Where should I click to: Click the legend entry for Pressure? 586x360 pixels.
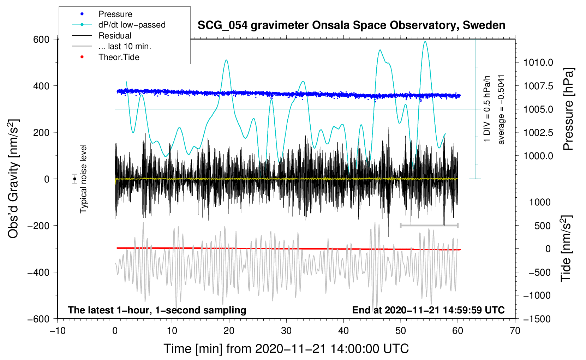click(102, 14)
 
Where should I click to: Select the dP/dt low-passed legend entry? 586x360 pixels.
click(119, 25)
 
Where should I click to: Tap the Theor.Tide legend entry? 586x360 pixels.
click(106, 57)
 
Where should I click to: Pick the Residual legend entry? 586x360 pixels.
click(102, 35)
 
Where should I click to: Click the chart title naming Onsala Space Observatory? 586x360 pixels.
click(351, 25)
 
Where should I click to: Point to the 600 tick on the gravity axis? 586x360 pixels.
click(41, 40)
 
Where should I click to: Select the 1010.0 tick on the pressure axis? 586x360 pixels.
click(538, 62)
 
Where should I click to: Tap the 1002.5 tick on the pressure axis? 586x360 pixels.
click(538, 132)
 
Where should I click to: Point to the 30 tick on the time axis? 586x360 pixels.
click(286, 331)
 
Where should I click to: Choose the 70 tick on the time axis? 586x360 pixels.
click(515, 331)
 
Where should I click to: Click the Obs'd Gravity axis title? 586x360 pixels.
click(13, 179)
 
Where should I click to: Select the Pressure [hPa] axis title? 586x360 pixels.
click(568, 109)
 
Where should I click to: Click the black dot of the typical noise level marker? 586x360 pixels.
click(74, 179)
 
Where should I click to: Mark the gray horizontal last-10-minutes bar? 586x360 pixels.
click(429, 225)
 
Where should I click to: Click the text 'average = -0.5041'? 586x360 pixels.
click(501, 110)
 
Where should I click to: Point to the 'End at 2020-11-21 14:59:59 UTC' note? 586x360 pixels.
click(428, 310)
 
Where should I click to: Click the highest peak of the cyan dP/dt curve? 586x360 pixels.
click(425, 42)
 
